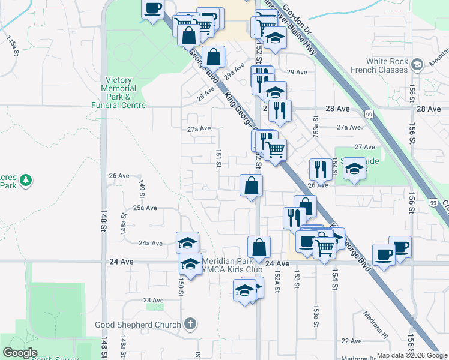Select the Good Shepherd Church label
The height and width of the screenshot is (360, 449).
[138, 325]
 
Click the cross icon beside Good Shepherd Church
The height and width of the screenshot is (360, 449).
[190, 325]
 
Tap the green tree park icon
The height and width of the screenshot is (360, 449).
[26, 179]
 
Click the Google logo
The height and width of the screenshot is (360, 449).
[20, 353]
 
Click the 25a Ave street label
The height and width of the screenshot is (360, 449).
[145, 208]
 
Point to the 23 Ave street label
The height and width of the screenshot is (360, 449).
[153, 300]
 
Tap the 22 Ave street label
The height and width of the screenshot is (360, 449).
[351, 341]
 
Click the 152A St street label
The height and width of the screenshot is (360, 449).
[277, 280]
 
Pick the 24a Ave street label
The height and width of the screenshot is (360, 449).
[151, 243]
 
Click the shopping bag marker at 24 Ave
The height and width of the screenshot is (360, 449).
[259, 247]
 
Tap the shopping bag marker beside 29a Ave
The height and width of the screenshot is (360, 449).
[213, 58]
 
